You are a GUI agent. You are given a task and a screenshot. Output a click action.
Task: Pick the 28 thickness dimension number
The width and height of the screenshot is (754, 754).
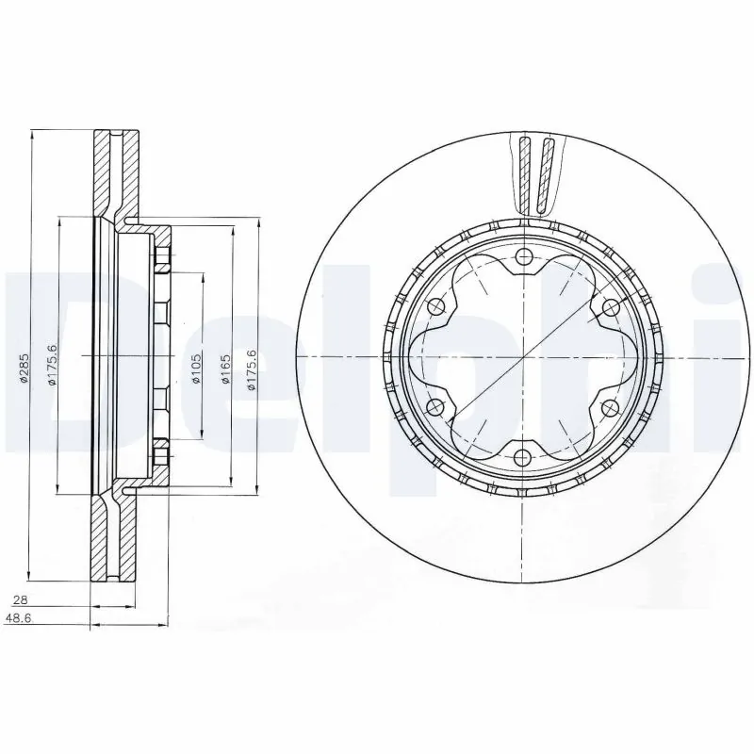coord(33,599)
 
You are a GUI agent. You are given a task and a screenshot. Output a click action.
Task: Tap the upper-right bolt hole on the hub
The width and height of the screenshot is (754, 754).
coord(609,306)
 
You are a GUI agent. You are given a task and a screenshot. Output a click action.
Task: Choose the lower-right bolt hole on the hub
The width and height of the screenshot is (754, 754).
coord(609,407)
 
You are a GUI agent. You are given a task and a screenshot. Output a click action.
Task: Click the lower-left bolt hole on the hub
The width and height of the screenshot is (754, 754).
coord(435,407)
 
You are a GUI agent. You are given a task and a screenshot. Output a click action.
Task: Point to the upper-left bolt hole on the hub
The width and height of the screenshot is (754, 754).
coord(435,306)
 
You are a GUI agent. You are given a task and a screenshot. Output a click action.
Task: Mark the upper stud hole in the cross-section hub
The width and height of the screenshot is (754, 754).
coord(160,258)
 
